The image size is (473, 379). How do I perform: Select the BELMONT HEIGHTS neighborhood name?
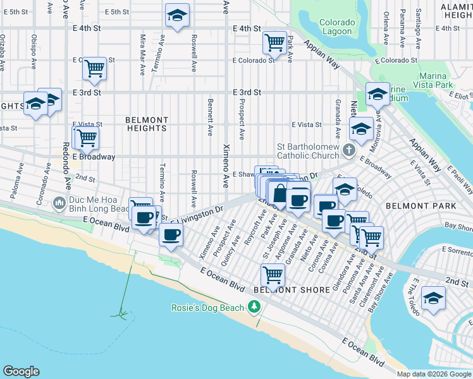(147, 124)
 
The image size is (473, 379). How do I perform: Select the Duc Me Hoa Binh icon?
(59, 203)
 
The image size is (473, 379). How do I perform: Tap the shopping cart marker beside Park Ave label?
(274, 43)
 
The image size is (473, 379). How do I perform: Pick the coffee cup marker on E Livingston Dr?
(170, 235)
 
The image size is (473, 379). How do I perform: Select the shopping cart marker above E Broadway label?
(87, 137)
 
